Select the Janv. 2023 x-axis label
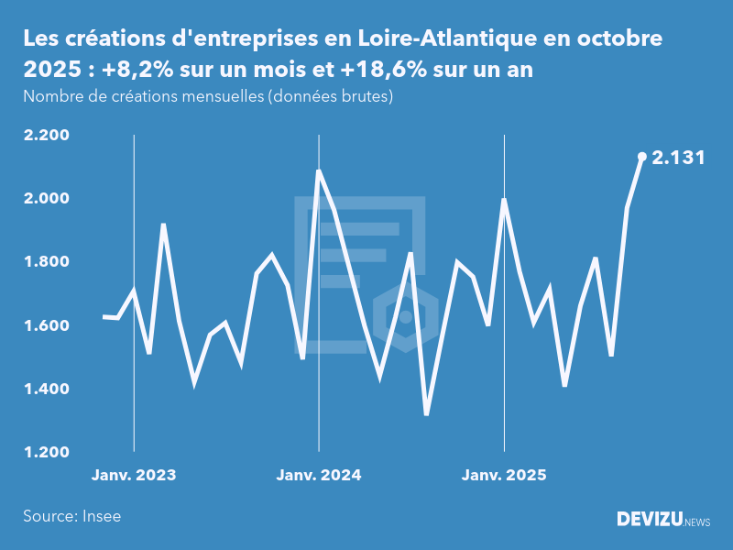click(134, 476)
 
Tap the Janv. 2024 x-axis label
click(319, 476)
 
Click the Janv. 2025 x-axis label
click(504, 476)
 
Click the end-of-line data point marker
click(642, 157)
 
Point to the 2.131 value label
click(678, 158)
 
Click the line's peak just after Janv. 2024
click(319, 170)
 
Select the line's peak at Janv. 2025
click(504, 200)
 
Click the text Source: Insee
click(71, 516)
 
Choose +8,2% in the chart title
click(140, 71)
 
